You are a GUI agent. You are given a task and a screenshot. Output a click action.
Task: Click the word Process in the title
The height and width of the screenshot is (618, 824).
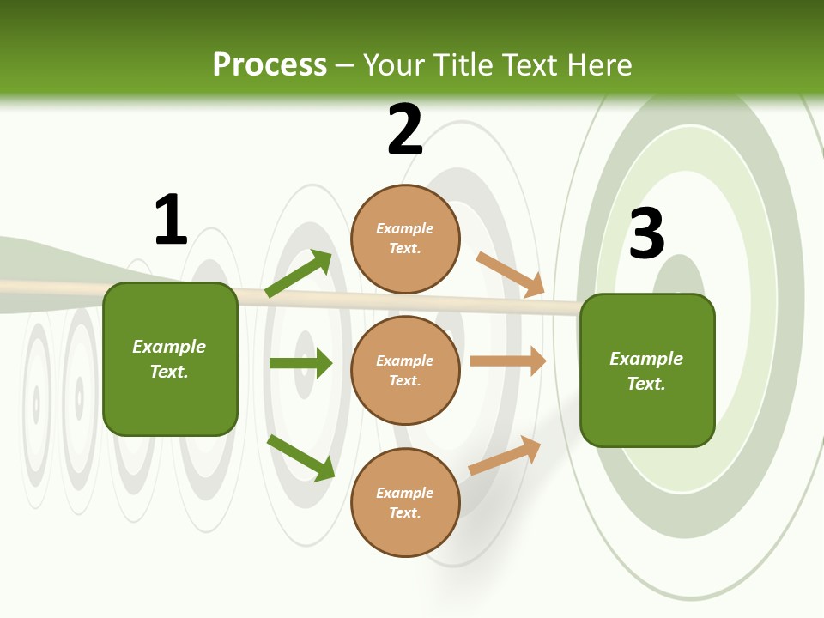tap(270, 65)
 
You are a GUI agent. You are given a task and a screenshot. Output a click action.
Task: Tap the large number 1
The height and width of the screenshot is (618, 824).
tap(171, 221)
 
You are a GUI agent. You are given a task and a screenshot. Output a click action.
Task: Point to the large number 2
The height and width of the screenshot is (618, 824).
tap(405, 130)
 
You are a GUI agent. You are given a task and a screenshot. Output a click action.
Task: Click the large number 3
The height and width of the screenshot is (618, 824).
tap(647, 234)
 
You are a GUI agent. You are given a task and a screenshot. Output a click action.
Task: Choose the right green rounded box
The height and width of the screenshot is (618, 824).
tap(647, 370)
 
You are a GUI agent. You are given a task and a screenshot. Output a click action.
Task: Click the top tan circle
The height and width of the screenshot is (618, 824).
tap(405, 239)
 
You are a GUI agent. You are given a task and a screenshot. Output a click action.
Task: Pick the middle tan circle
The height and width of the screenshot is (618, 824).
tap(405, 370)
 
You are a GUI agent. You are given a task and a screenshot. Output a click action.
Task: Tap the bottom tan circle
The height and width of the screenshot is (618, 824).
tap(405, 502)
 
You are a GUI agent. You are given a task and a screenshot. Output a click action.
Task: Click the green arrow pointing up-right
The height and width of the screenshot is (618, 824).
tap(299, 274)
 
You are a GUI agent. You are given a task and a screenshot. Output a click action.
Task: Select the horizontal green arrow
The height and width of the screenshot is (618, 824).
tap(300, 363)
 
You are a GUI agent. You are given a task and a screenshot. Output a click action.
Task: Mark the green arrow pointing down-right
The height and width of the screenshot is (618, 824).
tap(301, 457)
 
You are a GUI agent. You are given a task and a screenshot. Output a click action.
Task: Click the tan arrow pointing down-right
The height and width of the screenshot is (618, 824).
tap(511, 275)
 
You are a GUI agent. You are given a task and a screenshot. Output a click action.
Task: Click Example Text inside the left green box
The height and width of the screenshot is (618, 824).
tap(169, 359)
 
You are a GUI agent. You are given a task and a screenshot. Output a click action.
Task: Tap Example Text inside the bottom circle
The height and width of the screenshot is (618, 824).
tap(405, 502)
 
